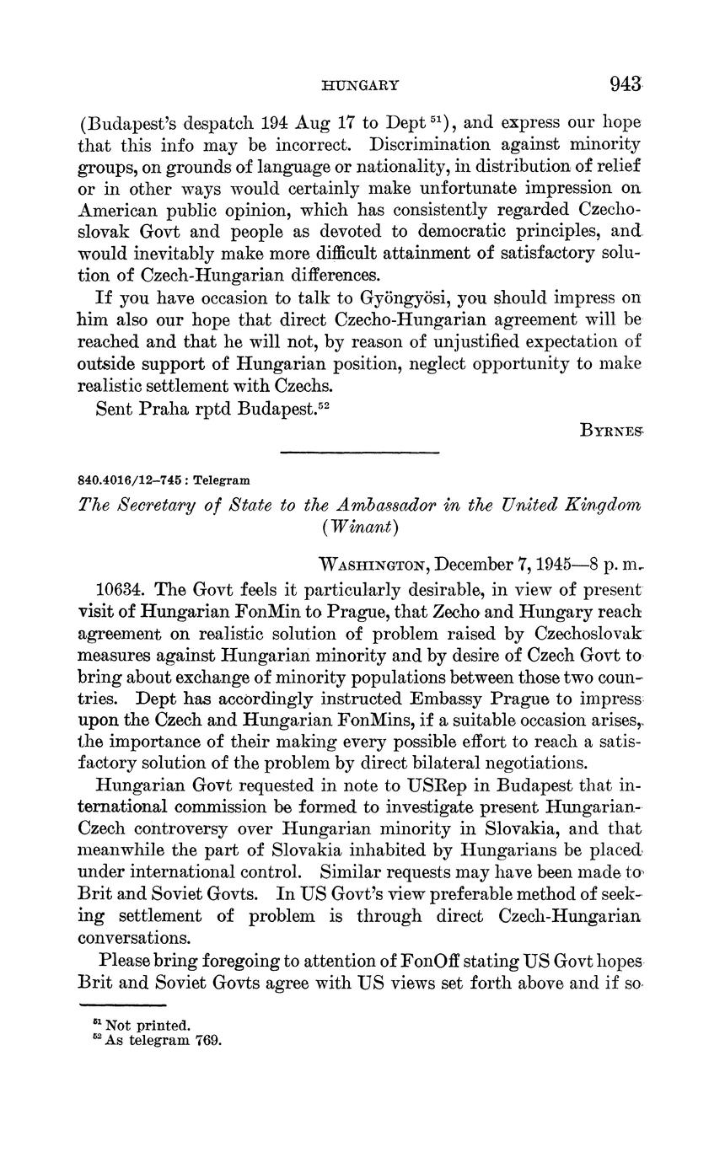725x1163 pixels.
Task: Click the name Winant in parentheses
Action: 358,528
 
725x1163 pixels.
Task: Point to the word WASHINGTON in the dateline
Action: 378,563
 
